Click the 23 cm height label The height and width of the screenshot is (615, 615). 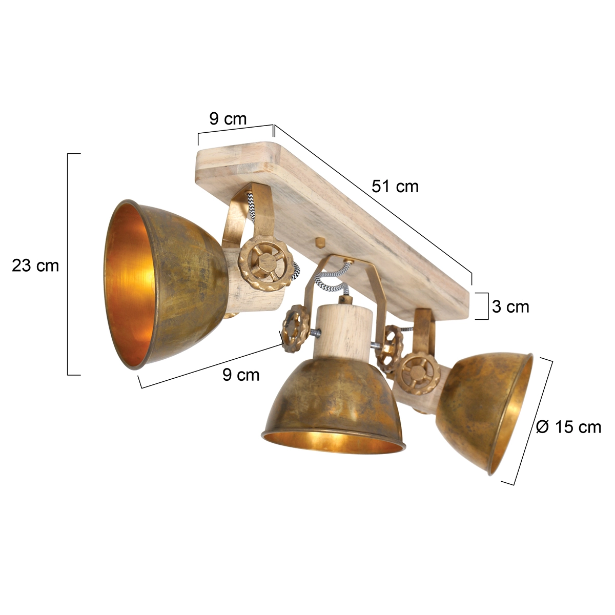pos(35,265)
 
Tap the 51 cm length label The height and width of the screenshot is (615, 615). pos(395,186)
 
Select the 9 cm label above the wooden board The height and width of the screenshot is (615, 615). pos(228,119)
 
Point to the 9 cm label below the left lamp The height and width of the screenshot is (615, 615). pos(241,375)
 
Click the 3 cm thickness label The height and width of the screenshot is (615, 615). pos(510,306)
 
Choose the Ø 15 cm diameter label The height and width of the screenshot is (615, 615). pos(568,426)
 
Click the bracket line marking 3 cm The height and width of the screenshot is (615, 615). pos(487,306)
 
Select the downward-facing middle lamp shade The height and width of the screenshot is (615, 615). pos(333,405)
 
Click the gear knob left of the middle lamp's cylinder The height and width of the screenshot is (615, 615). pos(295,328)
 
